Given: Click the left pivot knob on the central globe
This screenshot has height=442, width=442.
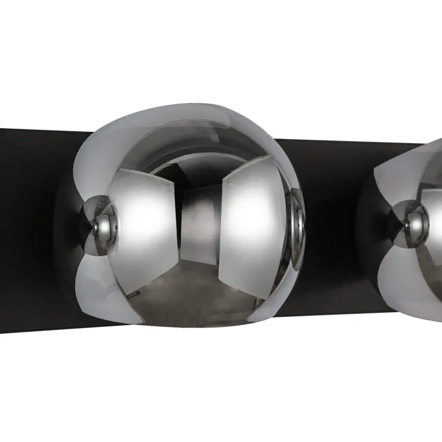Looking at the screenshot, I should tap(101, 224).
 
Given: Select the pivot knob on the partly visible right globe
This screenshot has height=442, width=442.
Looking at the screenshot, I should tap(411, 222).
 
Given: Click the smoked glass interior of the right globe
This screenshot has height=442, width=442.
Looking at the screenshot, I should tap(435, 231).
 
